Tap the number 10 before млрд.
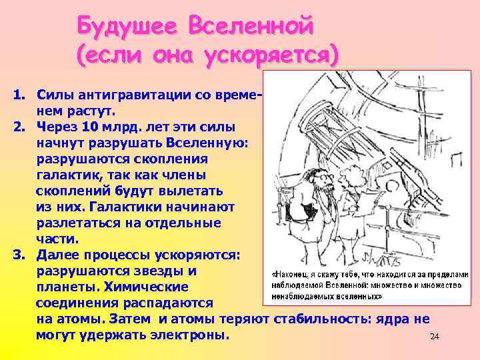(x=94, y=126)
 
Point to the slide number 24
(x=435, y=337)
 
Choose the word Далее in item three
(x=58, y=255)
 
